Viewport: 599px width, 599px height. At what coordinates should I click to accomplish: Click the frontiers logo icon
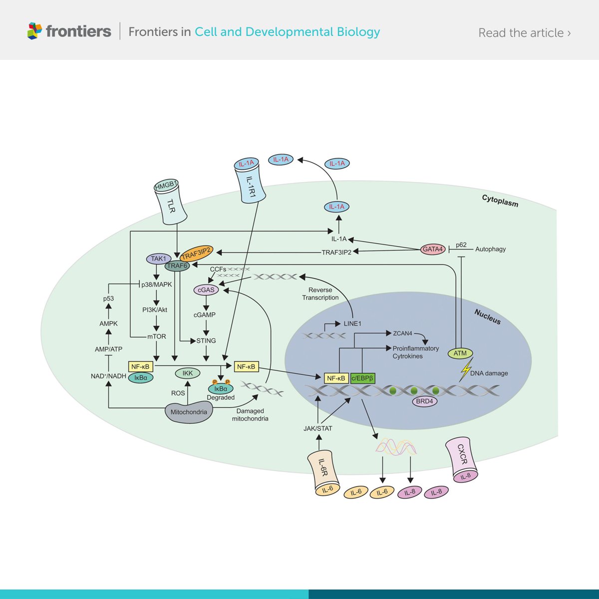[x=34, y=31]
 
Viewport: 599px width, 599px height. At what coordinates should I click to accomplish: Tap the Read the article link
[x=524, y=33]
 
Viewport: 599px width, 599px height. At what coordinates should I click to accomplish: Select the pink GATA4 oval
[x=432, y=249]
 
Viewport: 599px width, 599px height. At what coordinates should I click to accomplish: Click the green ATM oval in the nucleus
[x=460, y=353]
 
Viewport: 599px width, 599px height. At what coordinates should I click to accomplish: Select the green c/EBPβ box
[x=363, y=378]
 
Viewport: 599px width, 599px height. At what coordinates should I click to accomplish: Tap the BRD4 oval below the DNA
[x=425, y=401]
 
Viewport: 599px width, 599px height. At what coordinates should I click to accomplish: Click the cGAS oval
[x=206, y=290]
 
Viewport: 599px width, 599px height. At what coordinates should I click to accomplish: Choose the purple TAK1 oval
[x=158, y=259]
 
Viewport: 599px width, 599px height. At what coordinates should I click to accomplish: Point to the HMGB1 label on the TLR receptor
[x=166, y=186]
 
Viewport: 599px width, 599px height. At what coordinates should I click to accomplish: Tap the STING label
[x=206, y=340]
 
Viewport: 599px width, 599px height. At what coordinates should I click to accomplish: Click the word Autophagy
[x=490, y=249]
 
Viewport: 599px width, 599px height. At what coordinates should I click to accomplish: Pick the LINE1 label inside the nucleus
[x=352, y=323]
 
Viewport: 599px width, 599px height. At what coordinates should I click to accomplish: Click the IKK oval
[x=188, y=373]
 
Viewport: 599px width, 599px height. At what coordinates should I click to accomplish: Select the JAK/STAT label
[x=317, y=428]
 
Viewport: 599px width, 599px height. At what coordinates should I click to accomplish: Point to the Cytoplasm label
[x=500, y=201]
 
